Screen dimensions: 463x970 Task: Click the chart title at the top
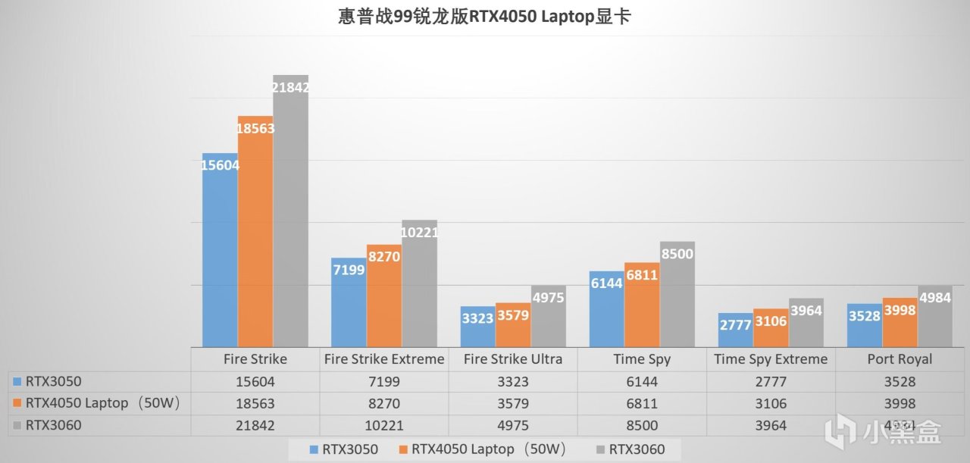point(484,17)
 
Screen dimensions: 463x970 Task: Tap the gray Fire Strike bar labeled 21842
point(291,212)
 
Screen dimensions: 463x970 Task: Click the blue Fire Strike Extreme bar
point(349,303)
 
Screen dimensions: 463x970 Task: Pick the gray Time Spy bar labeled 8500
point(677,296)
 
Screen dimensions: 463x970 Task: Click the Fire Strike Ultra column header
point(513,359)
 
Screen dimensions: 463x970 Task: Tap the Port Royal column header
point(900,359)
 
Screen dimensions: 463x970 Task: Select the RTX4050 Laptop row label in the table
point(102,404)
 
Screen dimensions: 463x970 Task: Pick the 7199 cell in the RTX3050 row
point(384,382)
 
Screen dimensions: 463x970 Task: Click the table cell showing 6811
point(642,404)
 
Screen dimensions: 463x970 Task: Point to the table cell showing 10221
point(384,426)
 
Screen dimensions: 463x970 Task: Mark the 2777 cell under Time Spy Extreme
point(771,382)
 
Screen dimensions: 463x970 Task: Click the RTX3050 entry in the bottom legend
point(345,450)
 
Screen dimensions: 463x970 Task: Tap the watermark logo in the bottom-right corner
point(890,432)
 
